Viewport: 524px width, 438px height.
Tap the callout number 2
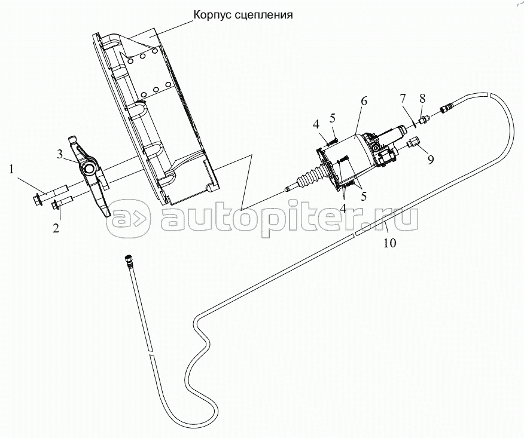56,228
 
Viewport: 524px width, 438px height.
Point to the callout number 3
60,155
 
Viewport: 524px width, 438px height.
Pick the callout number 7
403,97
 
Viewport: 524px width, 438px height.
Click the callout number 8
422,97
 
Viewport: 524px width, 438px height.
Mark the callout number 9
430,160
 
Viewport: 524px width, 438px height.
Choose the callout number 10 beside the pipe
389,243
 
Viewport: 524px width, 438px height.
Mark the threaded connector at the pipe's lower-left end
127,261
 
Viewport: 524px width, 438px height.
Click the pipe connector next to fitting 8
446,109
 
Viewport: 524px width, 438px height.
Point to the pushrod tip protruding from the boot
289,189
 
